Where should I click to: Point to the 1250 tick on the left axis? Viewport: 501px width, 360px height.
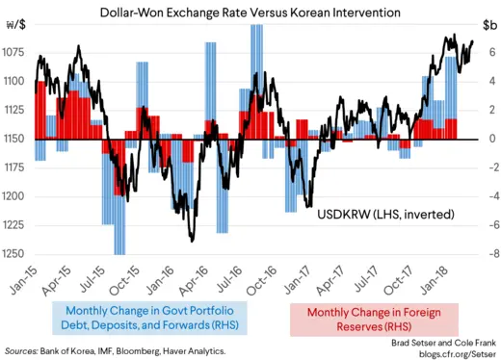point(15,254)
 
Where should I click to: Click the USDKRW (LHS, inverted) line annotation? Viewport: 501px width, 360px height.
point(385,214)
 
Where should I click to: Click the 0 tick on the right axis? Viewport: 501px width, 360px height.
point(490,139)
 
